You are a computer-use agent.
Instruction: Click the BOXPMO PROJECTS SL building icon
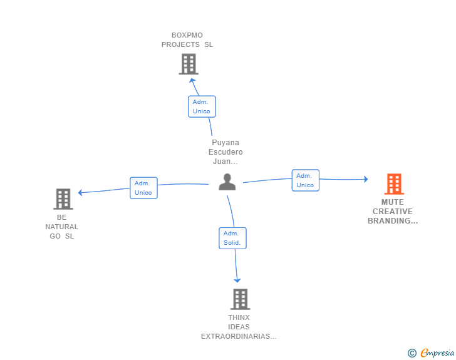pos(189,64)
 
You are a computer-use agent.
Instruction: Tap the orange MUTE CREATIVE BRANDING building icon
pos(394,184)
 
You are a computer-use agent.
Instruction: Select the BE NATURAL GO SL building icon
pos(63,199)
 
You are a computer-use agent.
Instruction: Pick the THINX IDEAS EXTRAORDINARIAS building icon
pos(241,299)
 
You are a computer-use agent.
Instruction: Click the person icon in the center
pos(227,182)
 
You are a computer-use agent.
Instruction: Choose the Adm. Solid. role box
pos(232,238)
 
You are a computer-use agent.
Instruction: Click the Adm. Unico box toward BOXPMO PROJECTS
pos(202,106)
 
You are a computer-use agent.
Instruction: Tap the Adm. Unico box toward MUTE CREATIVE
pos(306,180)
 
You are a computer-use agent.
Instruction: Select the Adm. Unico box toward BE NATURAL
pos(143,188)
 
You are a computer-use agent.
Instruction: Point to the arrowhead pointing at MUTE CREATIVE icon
pos(366,179)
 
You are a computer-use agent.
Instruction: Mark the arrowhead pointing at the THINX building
pos(237,280)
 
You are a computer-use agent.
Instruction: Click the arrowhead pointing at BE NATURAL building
pos(80,192)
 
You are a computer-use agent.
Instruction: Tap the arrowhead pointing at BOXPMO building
pos(192,81)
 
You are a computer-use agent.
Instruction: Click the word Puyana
pos(225,143)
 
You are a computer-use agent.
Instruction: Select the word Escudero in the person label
pos(225,152)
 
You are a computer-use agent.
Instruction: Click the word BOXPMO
pos(187,35)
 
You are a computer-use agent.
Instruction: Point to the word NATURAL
pos(61,227)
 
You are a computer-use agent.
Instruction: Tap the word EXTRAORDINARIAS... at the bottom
pos(239,336)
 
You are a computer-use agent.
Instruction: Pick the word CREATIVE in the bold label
pos(393,212)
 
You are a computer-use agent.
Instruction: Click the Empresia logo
pos(431,352)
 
